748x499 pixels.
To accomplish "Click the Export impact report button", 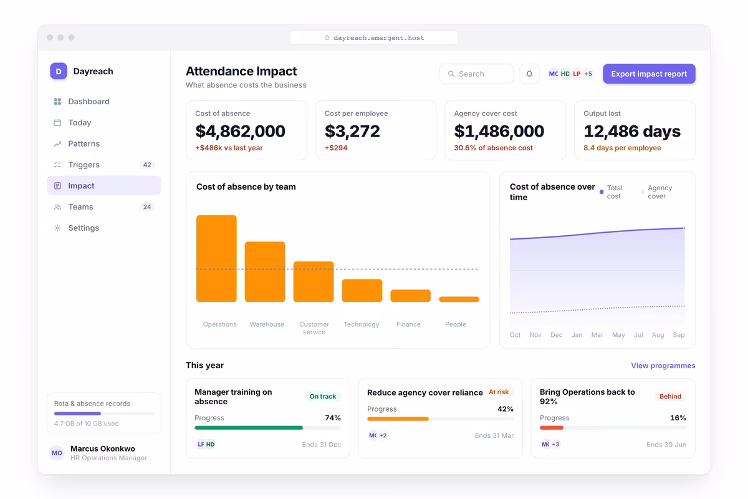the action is pos(649,74).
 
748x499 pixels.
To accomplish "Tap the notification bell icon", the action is pos(529,74).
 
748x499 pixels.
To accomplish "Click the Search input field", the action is pos(476,74).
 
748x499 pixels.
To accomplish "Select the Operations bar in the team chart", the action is pos(216,258).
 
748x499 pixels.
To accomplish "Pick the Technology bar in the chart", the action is pos(362,291).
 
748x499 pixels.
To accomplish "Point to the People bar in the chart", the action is pos(459,299).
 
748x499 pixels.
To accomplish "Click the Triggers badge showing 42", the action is pos(147,165).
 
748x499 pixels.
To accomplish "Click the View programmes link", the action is pos(663,366).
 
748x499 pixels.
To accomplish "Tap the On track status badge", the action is pos(323,396).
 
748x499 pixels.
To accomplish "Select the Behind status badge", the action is pos(670,396).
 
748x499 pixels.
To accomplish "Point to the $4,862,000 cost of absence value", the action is pos(240,131).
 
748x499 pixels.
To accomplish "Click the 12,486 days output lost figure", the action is pos(632,131).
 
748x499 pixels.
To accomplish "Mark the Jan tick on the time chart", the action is pos(577,334).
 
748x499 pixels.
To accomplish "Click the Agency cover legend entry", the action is pos(656,192).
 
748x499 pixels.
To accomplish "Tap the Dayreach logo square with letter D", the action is pos(59,71).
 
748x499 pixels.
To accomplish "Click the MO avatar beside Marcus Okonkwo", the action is pos(57,453).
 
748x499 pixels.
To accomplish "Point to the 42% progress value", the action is pos(506,409).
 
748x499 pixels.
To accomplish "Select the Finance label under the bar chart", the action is pos(408,324).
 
